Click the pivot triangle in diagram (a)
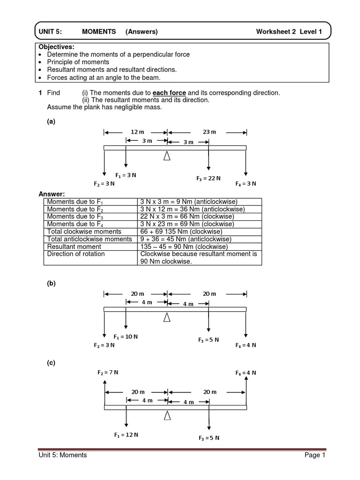coord(166,157)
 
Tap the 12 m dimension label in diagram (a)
coord(135,132)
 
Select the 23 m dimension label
coord(210,132)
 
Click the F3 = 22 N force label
coord(208,178)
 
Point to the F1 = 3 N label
coord(126,175)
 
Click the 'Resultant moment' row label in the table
coord(74,247)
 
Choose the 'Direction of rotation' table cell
coord(76,254)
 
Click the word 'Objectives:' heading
coord(56,47)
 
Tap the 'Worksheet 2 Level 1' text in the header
coord(289,32)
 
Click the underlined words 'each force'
coord(169,93)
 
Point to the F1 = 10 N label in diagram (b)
coord(126,337)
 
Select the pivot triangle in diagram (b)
coord(166,318)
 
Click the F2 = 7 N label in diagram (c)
coord(108,372)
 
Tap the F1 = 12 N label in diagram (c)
coord(126,435)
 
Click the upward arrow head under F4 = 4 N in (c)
coord(246,379)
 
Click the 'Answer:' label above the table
coord(52,194)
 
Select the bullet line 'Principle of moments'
coord(78,62)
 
